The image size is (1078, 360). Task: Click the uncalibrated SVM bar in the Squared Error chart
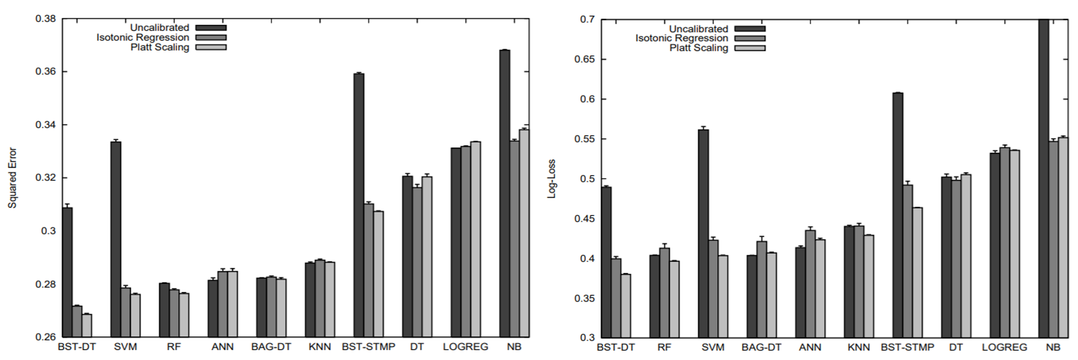click(116, 238)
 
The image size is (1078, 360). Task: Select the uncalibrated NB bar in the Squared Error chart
click(505, 192)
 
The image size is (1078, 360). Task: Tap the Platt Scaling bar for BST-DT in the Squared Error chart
click(87, 325)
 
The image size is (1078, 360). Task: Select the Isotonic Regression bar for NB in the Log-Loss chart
click(1053, 238)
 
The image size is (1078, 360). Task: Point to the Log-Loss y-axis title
click(551, 179)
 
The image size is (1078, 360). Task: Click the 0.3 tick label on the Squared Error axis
click(49, 231)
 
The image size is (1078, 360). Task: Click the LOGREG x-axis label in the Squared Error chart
click(465, 347)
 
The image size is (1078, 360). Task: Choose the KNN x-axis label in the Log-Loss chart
click(858, 347)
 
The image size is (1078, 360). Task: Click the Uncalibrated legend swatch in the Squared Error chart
click(211, 28)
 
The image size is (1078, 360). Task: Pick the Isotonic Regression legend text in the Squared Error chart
click(143, 37)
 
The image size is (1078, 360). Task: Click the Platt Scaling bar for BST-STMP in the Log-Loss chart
click(917, 272)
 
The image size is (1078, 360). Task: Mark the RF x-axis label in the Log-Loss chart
click(664, 347)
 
